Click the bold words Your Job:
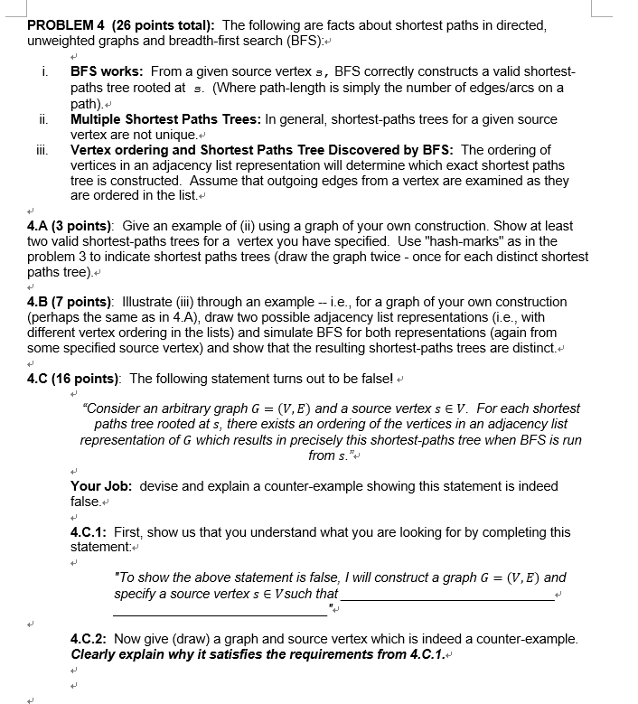tap(100, 486)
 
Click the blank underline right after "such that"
tap(448, 596)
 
